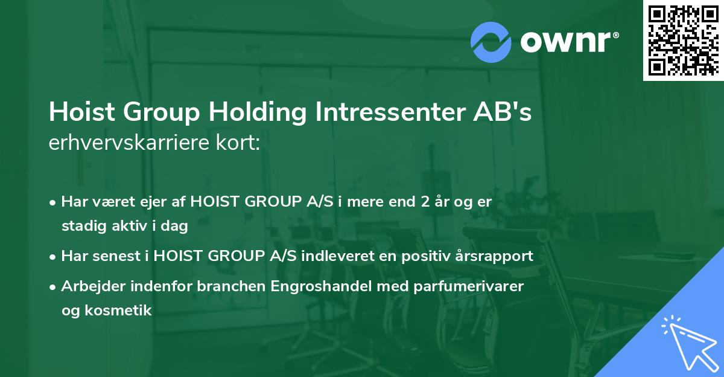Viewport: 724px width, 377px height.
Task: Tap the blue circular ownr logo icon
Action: click(x=491, y=42)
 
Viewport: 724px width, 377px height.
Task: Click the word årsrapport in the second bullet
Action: click(x=497, y=256)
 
